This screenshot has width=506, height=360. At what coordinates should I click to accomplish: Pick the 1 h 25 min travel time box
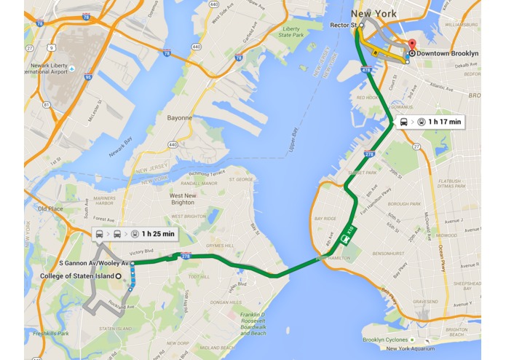coord(135,234)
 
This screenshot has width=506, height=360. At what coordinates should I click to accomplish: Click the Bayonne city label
coord(180,117)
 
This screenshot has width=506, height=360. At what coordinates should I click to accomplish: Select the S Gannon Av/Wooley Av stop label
coord(94,262)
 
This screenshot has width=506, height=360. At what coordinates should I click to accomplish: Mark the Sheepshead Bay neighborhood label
coord(467,286)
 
